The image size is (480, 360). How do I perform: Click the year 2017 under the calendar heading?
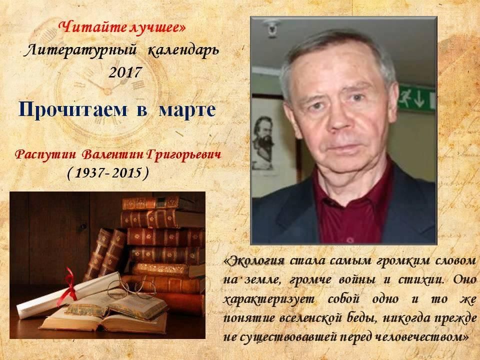[x=125, y=72]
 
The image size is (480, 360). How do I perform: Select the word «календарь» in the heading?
[x=183, y=50]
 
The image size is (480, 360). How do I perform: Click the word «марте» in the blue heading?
[x=187, y=109]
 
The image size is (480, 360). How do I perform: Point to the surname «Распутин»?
[x=45, y=154]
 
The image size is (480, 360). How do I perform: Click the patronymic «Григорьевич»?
[x=183, y=155]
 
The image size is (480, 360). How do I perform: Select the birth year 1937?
[x=89, y=173]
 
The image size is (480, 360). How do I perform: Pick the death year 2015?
[x=126, y=173]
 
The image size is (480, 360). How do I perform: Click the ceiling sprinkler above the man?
[x=271, y=27]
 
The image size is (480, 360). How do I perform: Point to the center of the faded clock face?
[x=107, y=91]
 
